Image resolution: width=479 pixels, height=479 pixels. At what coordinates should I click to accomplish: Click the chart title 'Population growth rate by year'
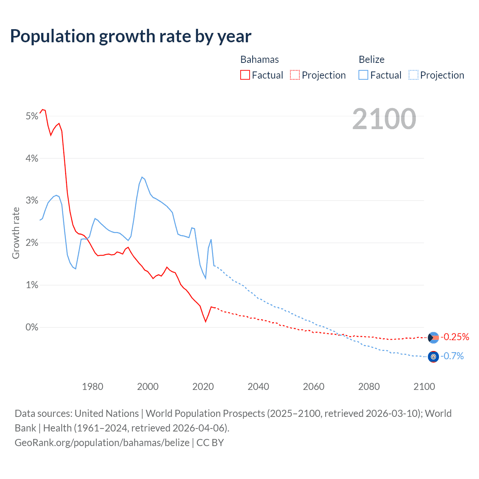point(131,36)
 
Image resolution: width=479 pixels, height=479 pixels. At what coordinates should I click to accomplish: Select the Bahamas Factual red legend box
point(245,75)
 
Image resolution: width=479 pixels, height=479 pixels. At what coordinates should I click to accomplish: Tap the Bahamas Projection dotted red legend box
point(295,75)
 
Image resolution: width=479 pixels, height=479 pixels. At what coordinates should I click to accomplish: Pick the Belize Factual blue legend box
point(363,75)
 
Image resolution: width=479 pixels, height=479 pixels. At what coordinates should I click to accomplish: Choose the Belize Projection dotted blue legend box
point(414,75)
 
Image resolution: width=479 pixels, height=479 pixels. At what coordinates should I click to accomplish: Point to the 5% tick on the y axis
point(32,116)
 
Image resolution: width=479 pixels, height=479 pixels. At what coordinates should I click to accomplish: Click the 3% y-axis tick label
point(32,201)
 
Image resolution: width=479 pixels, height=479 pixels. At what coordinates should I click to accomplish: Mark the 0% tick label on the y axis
point(32,327)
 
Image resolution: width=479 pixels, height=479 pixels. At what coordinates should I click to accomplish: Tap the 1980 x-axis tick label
point(92,387)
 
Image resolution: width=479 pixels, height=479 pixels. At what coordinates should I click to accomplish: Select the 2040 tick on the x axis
point(258,387)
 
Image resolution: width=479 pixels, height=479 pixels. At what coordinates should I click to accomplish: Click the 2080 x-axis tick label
point(369,387)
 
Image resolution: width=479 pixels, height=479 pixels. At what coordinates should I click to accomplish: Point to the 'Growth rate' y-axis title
point(16,233)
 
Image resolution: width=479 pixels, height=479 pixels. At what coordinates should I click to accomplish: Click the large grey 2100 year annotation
point(384,119)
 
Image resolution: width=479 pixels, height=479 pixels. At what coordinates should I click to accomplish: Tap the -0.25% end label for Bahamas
point(455,337)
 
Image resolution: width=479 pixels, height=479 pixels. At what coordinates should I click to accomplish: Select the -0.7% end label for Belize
point(452,356)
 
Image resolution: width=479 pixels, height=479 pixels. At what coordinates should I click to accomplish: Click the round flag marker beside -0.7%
point(433,357)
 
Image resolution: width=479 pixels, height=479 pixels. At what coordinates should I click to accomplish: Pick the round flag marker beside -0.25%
point(433,338)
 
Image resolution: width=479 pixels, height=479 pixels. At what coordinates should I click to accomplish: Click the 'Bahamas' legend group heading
point(259,60)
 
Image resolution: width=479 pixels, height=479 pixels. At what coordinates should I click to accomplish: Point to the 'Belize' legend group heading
point(371,60)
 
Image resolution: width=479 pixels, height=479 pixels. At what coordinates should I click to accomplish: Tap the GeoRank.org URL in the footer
point(102,443)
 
